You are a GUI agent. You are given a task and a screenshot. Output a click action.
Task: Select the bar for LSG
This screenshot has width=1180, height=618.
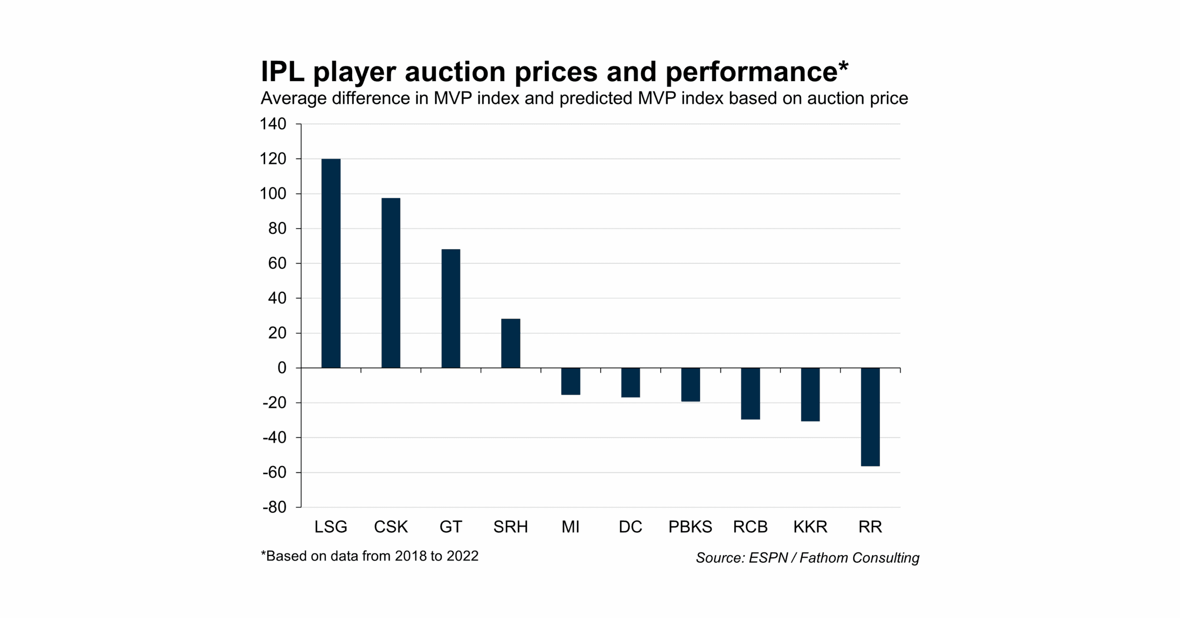tap(330, 263)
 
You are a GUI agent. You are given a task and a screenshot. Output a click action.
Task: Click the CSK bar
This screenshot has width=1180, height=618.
tap(390, 283)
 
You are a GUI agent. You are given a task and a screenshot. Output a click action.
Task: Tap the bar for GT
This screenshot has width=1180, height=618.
tap(450, 308)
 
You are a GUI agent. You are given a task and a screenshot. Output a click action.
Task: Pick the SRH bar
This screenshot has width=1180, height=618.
tap(510, 343)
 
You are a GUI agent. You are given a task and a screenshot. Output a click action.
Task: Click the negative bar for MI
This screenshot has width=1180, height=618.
tap(570, 381)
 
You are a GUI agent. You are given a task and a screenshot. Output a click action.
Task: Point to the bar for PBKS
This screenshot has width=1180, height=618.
tap(690, 385)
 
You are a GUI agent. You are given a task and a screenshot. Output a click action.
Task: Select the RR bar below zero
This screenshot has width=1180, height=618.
tap(870, 417)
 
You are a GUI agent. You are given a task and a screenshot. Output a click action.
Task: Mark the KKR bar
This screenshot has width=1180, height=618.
tap(810, 394)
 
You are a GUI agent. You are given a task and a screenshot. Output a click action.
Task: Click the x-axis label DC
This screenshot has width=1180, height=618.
tap(630, 526)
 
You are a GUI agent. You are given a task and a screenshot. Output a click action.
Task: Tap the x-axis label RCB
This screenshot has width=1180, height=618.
tap(750, 526)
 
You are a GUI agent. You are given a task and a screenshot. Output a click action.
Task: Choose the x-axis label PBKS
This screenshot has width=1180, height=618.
tap(690, 526)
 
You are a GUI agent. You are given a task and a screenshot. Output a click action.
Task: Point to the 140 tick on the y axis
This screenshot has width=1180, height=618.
tap(273, 123)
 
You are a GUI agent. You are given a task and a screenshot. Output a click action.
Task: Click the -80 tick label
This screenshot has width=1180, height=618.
tap(274, 507)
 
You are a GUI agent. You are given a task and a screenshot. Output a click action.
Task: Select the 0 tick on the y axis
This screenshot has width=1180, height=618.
tap(282, 367)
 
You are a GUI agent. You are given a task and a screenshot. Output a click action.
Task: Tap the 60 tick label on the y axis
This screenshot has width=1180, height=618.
tap(277, 263)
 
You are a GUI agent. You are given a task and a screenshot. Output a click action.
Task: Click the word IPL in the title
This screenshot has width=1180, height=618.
tap(283, 72)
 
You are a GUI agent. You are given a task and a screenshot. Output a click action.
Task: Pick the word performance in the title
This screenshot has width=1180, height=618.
tap(751, 72)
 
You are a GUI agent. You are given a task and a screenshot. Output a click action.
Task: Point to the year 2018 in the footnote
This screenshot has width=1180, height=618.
tap(410, 556)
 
